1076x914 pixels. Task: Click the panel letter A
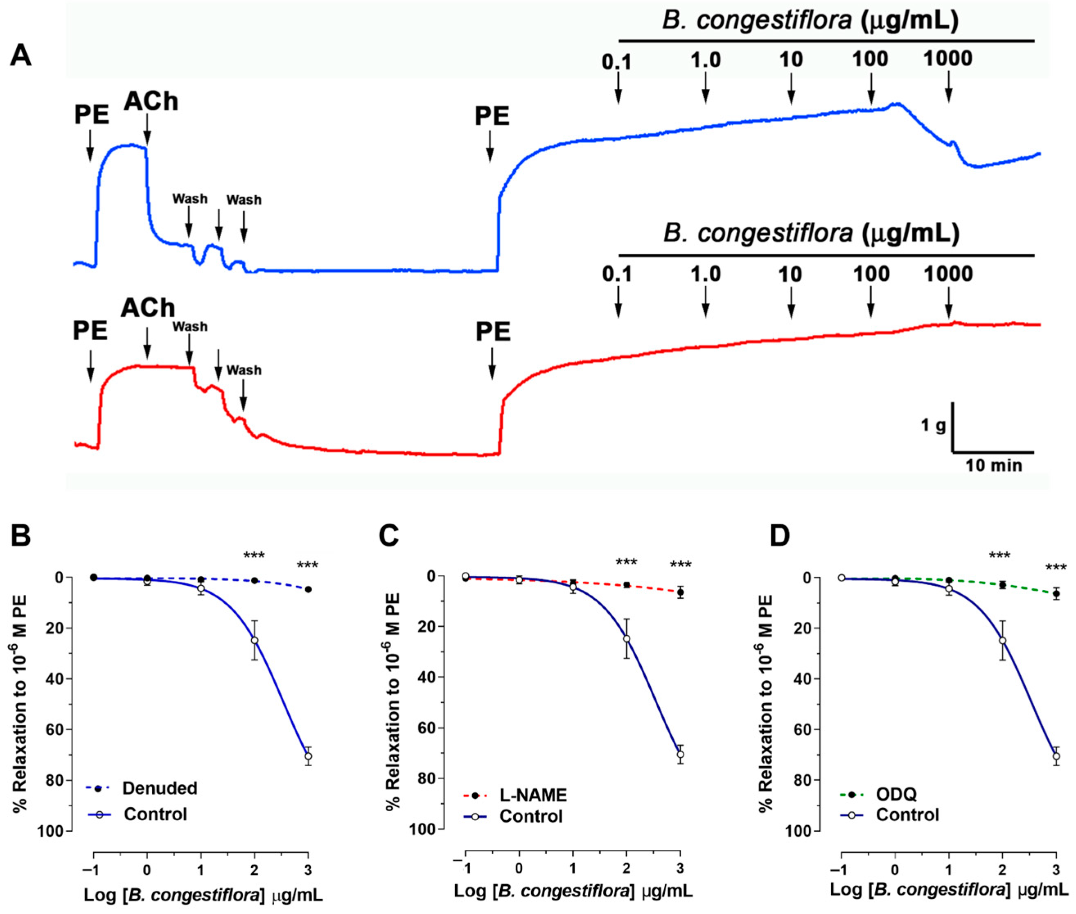tap(21, 56)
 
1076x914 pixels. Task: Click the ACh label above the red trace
tap(148, 309)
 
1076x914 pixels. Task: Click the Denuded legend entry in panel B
tap(160, 788)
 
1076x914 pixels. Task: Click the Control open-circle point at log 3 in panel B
tap(308, 756)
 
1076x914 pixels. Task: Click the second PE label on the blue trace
tap(492, 117)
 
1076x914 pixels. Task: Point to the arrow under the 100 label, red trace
tap(871, 308)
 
